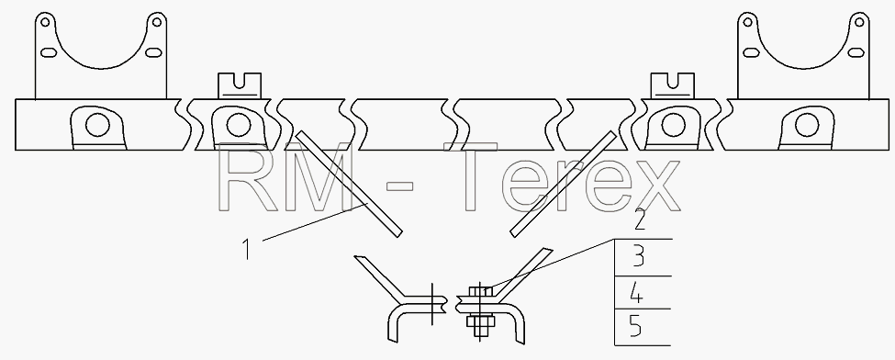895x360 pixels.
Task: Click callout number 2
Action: (640, 219)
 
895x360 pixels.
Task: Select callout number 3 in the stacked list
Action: (639, 257)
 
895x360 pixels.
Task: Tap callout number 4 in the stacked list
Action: (636, 294)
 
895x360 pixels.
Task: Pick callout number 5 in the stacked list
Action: (636, 328)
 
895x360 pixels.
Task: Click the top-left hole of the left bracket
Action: (46, 23)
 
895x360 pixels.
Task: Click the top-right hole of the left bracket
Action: (156, 23)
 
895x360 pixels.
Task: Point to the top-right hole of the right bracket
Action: (859, 23)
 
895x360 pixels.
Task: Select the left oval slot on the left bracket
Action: (49, 52)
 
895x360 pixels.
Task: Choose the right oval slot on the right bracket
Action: (856, 52)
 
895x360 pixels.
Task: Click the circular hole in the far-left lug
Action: (97, 125)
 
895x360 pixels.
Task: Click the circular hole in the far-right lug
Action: (807, 125)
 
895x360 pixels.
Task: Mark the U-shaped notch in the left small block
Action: (241, 81)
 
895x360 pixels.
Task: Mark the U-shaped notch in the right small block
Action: (673, 81)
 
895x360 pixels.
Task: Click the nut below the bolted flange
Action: (479, 322)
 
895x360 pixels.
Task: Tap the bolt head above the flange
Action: (480, 291)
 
